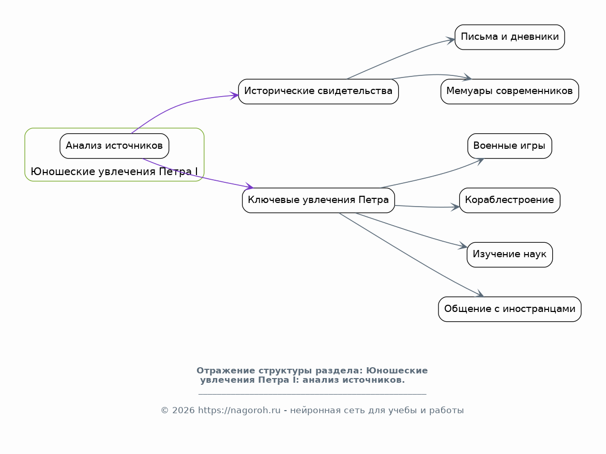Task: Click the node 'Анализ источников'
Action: [114, 146]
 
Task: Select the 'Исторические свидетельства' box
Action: [319, 91]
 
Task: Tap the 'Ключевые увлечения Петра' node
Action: [319, 200]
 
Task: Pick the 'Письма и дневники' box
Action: [510, 37]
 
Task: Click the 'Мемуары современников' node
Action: [510, 91]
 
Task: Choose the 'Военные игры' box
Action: [510, 146]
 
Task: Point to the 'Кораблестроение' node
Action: [510, 200]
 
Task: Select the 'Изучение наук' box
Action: [510, 255]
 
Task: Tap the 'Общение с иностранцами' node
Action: [510, 309]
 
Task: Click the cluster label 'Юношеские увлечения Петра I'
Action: [114, 171]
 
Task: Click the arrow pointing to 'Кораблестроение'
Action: [427, 207]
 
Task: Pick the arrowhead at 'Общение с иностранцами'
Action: [480, 294]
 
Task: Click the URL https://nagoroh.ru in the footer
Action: [239, 411]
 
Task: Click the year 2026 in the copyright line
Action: [184, 411]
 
